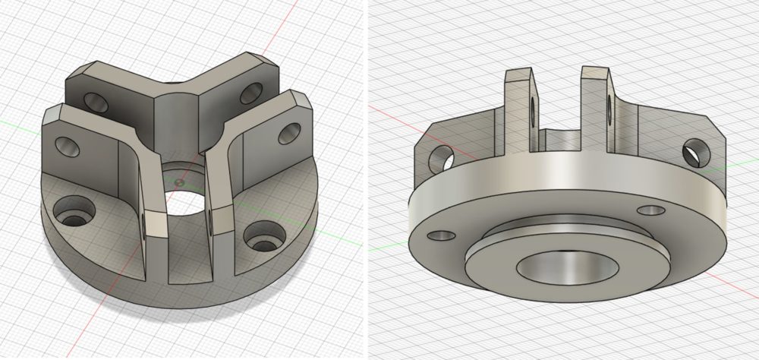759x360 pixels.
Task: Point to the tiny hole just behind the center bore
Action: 178,182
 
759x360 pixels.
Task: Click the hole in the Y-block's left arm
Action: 96,101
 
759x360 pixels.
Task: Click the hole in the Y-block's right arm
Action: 248,95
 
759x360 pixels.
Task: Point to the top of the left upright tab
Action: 517,73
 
